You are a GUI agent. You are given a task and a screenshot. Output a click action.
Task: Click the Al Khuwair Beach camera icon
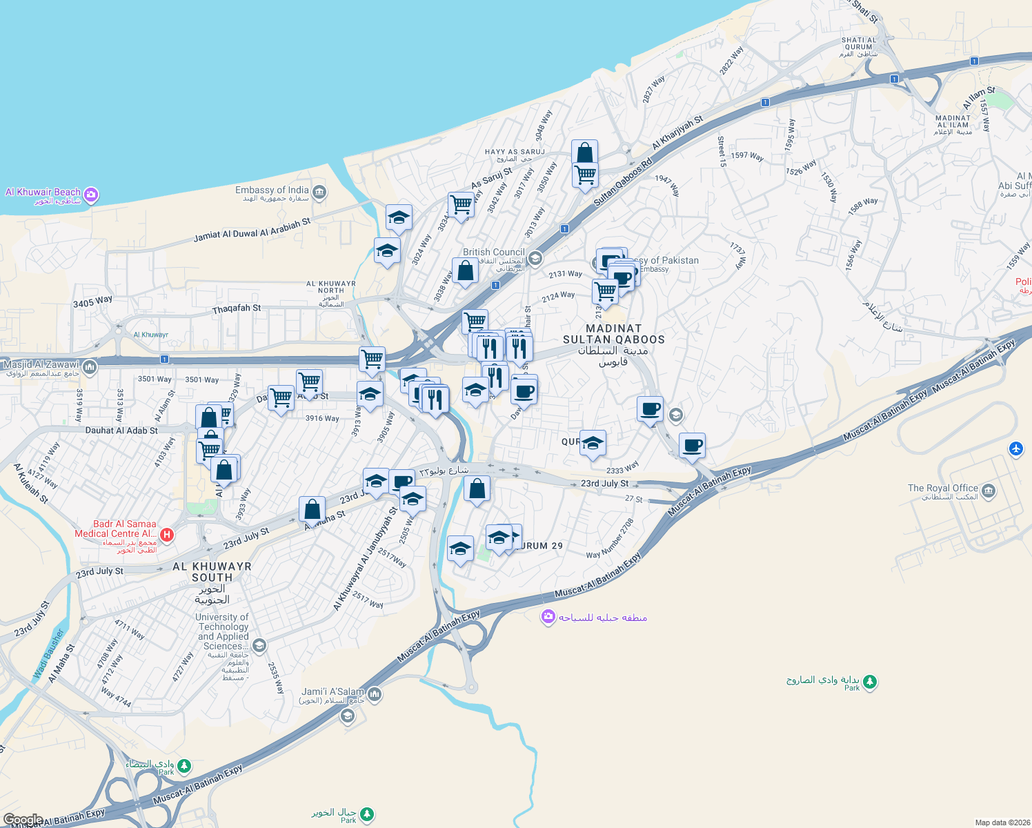tap(91, 195)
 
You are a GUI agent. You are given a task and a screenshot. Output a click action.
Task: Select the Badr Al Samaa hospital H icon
tap(166, 535)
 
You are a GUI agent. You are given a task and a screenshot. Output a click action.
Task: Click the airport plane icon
tap(1015, 448)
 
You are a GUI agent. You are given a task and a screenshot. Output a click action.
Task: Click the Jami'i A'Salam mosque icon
tap(375, 693)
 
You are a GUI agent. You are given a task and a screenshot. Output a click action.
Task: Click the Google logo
tap(23, 820)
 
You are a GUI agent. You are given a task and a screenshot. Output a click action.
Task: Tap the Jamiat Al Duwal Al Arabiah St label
tap(252, 230)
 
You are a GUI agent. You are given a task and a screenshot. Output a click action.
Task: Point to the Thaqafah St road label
tap(237, 308)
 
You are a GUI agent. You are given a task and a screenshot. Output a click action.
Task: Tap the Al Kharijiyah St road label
tap(677, 132)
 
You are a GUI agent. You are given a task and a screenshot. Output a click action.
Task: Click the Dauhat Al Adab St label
tap(121, 431)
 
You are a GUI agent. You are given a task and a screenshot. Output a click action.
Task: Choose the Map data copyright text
tap(1000, 822)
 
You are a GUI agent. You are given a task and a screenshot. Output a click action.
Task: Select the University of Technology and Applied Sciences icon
tap(259, 646)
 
